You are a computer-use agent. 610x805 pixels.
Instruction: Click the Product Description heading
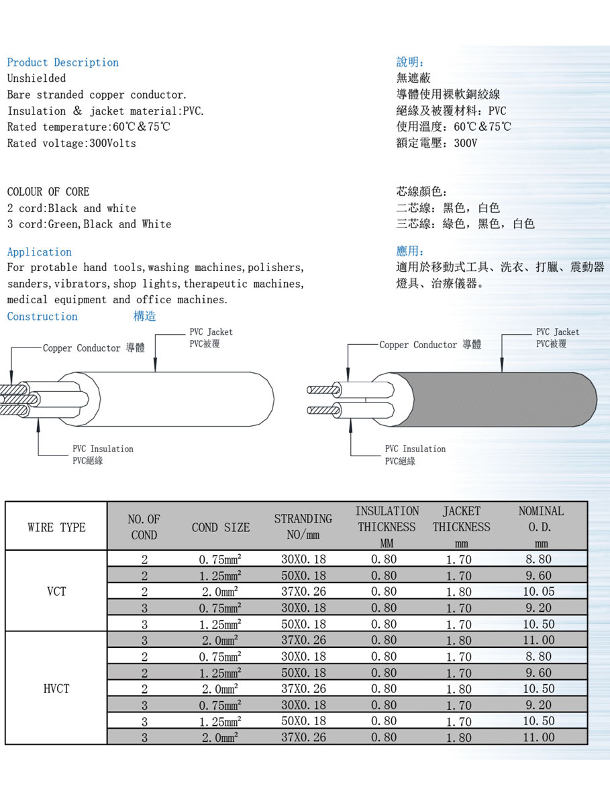(62, 62)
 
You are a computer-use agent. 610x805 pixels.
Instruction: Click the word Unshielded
(36, 78)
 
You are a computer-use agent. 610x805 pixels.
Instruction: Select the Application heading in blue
(39, 252)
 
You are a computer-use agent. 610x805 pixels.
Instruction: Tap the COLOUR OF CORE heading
(48, 192)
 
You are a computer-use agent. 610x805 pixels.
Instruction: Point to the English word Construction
(42, 317)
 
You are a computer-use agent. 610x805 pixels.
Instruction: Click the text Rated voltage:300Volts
(71, 144)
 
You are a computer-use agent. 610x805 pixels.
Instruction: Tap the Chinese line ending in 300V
(436, 143)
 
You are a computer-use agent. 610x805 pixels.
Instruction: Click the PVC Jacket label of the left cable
(211, 337)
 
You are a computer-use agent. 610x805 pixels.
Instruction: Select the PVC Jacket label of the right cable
(557, 337)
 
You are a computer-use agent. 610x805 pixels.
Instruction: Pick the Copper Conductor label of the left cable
(93, 348)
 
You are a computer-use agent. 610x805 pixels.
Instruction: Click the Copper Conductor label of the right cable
(429, 345)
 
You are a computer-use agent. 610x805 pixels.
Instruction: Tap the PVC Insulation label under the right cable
(415, 454)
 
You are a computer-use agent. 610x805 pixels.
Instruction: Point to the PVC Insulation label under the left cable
(103, 454)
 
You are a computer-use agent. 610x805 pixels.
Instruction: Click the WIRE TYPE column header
(56, 527)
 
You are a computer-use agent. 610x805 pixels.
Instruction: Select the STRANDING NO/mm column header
(303, 527)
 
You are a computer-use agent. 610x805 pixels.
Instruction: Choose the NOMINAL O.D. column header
(541, 527)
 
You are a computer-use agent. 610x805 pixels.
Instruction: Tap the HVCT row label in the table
(56, 689)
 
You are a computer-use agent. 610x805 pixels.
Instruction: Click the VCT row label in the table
(56, 592)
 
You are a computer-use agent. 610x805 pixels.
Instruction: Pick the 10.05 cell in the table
(539, 592)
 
